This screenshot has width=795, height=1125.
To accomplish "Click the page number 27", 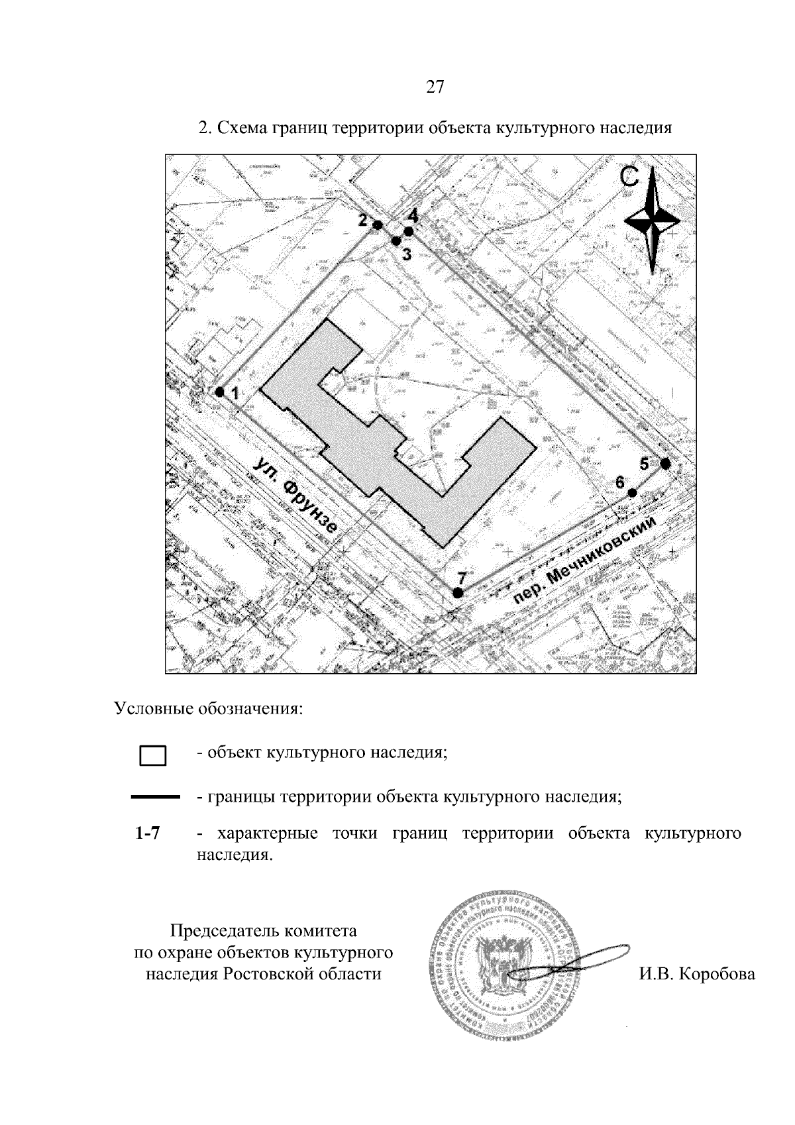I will click(435, 87).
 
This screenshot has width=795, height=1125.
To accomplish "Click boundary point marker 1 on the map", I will click(219, 392).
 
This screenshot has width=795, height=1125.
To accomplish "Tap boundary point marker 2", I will click(378, 225).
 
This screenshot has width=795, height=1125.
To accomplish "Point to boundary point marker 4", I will click(409, 231).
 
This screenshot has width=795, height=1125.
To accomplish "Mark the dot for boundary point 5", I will click(666, 464).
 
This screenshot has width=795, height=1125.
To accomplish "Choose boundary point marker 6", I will click(632, 493).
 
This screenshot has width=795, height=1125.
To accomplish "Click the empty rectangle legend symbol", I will click(152, 756).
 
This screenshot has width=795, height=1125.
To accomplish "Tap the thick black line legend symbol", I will click(156, 797).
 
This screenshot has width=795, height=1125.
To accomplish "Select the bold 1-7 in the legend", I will click(147, 833).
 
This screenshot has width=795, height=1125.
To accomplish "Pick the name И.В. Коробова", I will click(697, 974).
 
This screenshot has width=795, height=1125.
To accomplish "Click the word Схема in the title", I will click(243, 127).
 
